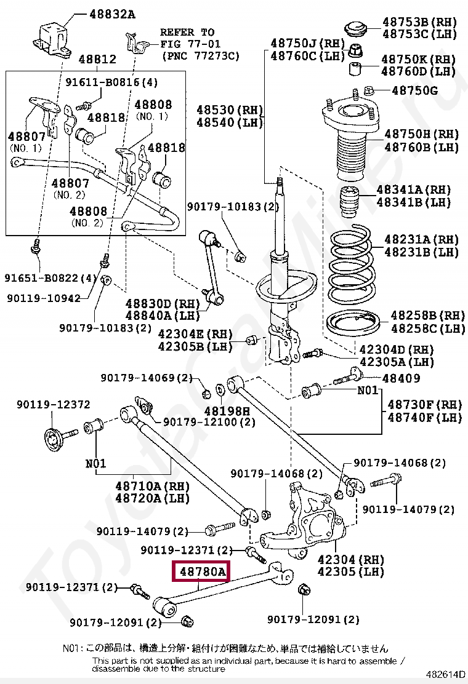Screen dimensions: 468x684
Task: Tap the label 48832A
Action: tap(112, 14)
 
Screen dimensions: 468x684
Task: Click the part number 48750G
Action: tap(414, 91)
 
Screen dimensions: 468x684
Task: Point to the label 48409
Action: tap(401, 378)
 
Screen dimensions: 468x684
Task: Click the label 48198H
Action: tap(227, 410)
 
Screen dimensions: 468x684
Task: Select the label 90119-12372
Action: tap(53, 404)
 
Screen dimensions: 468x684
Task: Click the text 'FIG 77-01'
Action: tap(190, 44)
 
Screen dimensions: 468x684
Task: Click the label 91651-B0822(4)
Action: tap(51, 278)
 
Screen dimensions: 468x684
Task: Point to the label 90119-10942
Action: tap(44, 298)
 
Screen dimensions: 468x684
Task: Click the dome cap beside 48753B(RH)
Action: tap(355, 29)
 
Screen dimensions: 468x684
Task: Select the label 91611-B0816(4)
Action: tap(111, 82)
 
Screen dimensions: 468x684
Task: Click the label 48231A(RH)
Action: tap(421, 239)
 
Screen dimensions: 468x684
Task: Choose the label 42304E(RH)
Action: tap(195, 334)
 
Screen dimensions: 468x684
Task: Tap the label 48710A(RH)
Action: tap(152, 486)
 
